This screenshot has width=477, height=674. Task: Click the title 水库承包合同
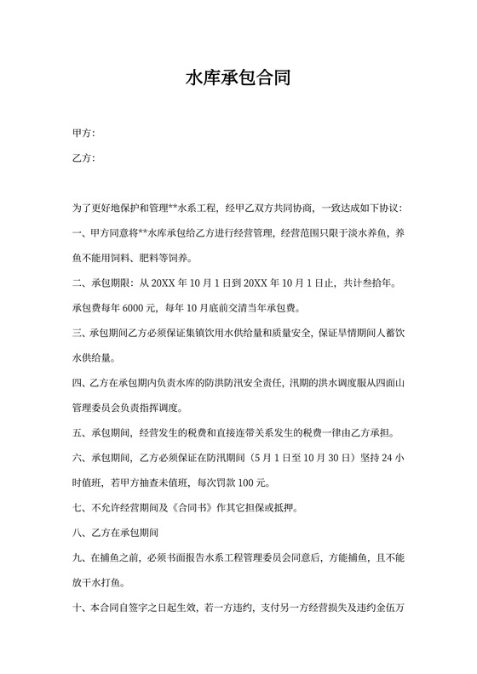[238, 79]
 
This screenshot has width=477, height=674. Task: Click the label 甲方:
[83, 134]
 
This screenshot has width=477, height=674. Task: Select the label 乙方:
[83, 158]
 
